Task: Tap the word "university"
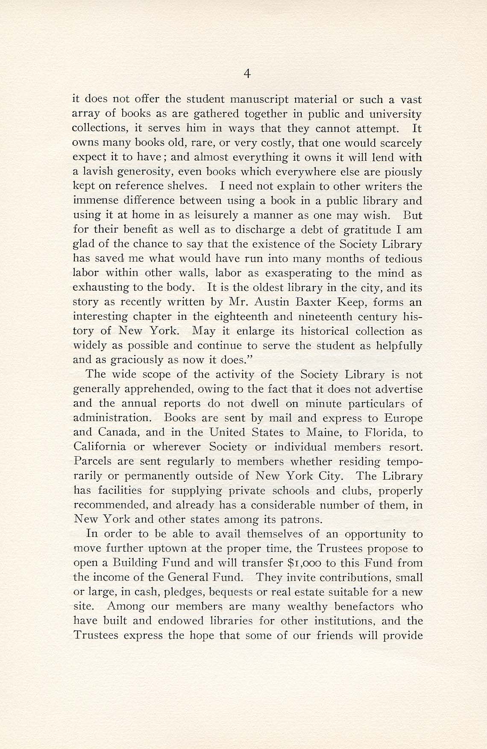[395, 115]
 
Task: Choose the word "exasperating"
[299, 273]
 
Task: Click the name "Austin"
[273, 302]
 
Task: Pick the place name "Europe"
[402, 418]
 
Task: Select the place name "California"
[100, 447]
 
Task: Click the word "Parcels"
[91, 462]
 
